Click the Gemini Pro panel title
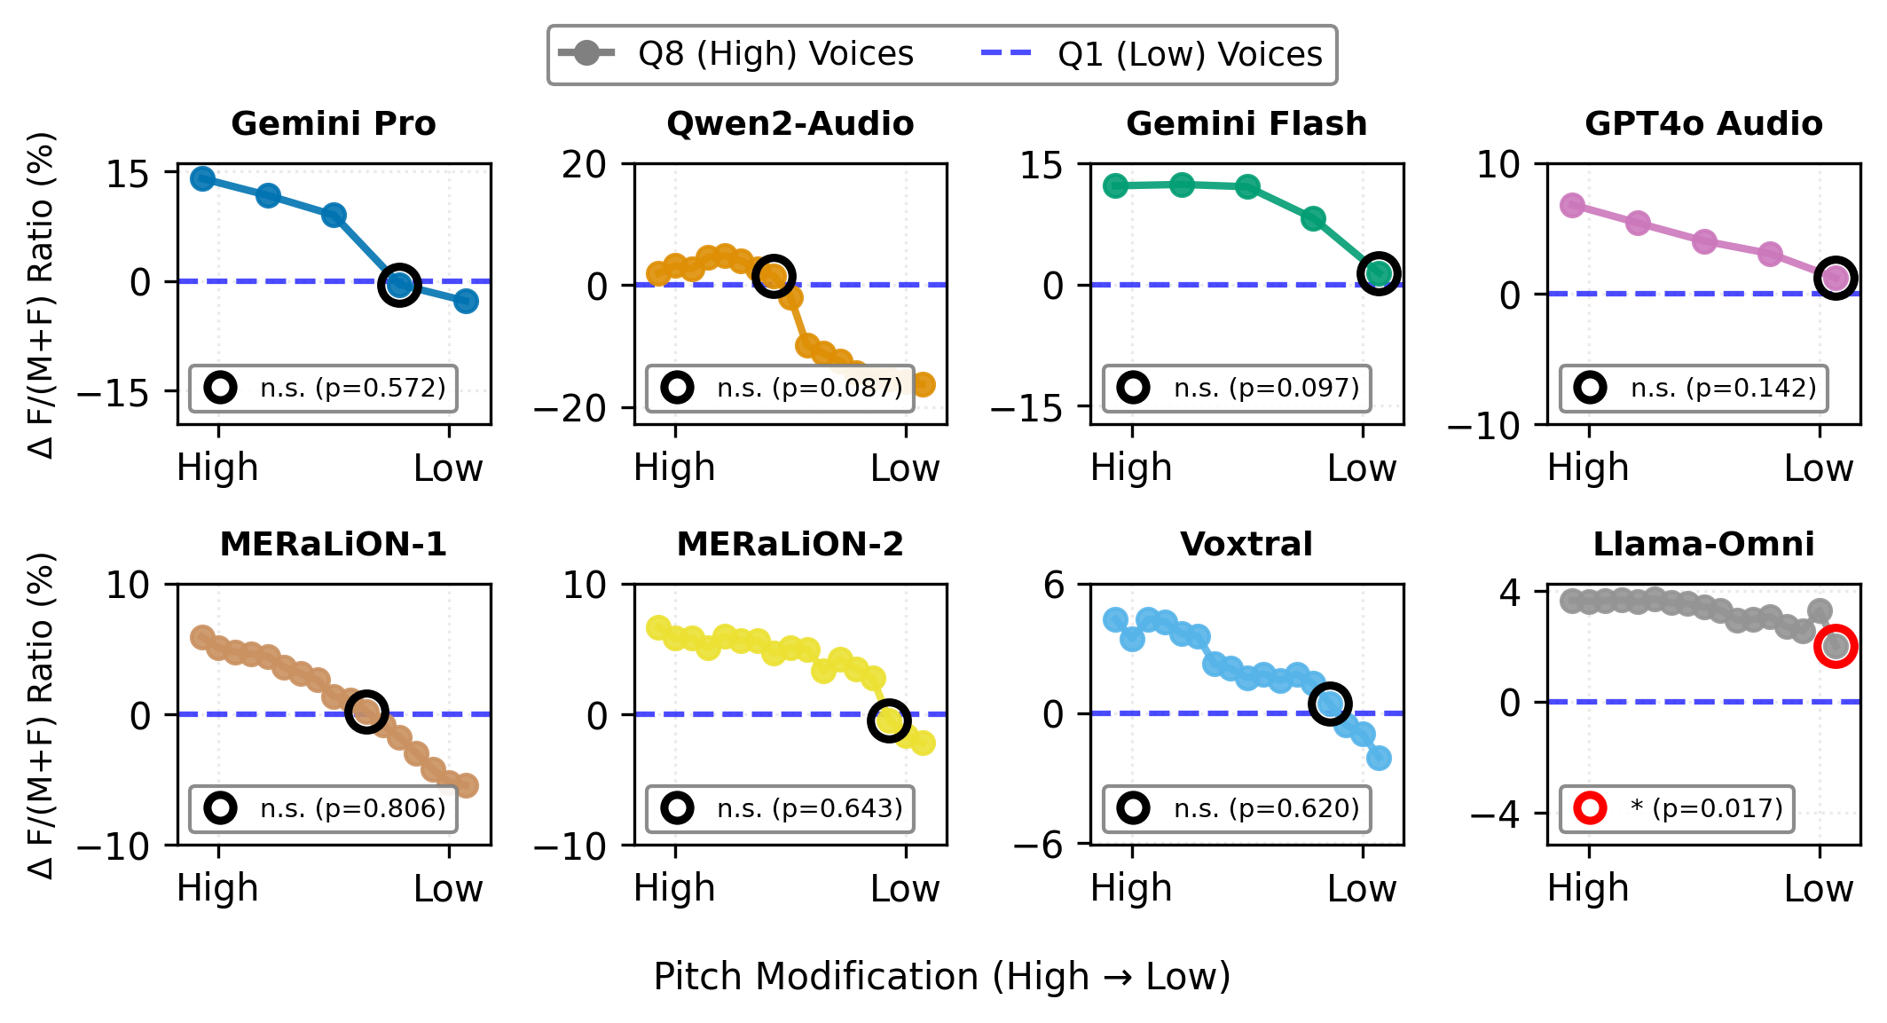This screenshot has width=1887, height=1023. (334, 123)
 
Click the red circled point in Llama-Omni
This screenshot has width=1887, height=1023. (1836, 646)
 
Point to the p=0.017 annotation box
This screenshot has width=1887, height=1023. (1677, 808)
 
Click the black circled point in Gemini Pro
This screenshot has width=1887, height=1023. (399, 285)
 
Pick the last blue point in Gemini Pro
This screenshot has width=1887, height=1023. (466, 301)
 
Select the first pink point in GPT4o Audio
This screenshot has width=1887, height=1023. (1572, 206)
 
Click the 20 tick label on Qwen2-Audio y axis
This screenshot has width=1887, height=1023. (584, 164)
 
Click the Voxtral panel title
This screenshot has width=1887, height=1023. (1246, 544)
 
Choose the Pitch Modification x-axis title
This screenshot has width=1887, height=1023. (942, 976)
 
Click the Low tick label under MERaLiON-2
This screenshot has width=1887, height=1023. (904, 888)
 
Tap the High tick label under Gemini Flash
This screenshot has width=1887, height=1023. (1131, 468)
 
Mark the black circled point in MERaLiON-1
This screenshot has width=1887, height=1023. (366, 712)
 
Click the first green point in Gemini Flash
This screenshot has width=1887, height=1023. (1115, 185)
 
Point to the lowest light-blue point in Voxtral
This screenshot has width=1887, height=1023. (1379, 758)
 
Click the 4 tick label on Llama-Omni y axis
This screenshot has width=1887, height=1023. (1510, 592)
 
